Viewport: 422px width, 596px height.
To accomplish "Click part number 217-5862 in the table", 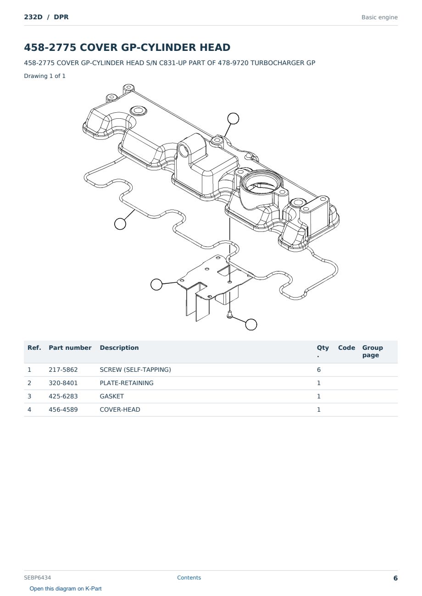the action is tap(63, 370).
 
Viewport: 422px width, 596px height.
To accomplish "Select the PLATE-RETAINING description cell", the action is tap(127, 383).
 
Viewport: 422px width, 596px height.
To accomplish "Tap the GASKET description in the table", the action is tap(112, 396).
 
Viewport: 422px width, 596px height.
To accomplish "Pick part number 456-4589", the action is tap(63, 409).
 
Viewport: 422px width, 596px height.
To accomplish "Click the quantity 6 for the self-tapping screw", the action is tap(319, 370).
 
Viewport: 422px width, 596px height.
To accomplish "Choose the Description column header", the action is tap(119, 348).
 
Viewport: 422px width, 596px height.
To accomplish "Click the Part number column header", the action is tap(70, 348).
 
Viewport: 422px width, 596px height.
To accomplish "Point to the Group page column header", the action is tap(372, 351).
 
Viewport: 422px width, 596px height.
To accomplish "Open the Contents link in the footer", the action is tap(189, 578).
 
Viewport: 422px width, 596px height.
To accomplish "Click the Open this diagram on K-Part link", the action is tap(66, 589).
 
